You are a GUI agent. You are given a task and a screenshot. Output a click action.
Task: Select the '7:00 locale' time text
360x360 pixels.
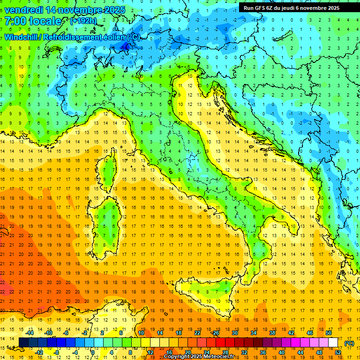click(x=33, y=21)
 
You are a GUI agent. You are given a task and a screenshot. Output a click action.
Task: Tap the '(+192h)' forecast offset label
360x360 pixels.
click(x=83, y=21)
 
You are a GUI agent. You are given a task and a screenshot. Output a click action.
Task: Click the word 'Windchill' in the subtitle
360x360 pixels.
click(x=22, y=37)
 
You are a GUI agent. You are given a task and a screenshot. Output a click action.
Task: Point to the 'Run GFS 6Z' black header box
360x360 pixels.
click(x=295, y=7)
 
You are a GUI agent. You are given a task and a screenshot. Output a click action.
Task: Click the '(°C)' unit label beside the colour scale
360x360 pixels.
click(x=349, y=343)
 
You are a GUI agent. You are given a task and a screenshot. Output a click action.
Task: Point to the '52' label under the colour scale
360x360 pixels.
click(x=338, y=352)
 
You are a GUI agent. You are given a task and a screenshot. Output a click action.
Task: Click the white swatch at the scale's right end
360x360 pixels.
click(x=333, y=343)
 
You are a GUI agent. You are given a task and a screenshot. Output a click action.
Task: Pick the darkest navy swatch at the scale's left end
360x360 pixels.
click(x=24, y=343)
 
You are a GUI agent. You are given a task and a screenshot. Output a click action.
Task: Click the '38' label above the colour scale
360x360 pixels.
click(x=272, y=333)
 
